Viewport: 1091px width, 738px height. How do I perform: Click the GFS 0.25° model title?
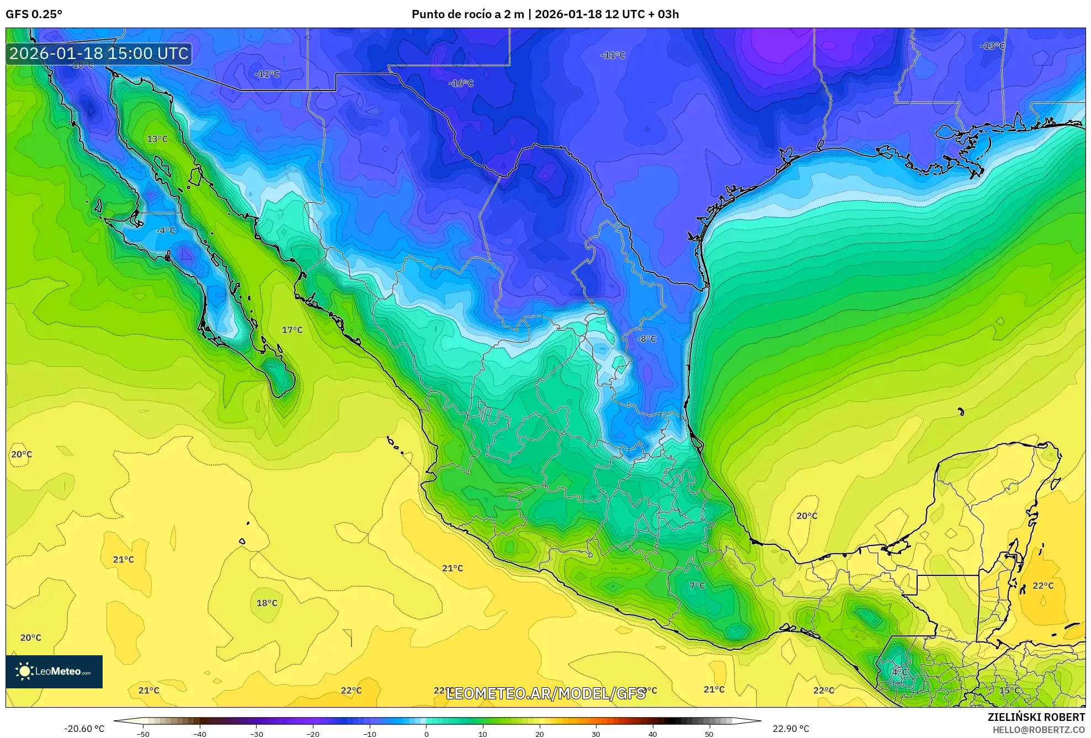click(x=34, y=14)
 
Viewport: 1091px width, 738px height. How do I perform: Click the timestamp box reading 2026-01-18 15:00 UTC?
click(x=99, y=54)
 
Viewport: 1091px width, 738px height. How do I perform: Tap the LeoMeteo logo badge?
click(x=54, y=671)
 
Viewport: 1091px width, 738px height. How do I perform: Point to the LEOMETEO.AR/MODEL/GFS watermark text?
click(x=545, y=693)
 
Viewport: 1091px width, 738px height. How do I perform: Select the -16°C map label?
click(x=461, y=83)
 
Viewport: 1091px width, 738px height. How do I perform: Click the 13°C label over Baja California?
click(x=157, y=139)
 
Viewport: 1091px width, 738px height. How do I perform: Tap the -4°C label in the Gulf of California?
click(x=166, y=231)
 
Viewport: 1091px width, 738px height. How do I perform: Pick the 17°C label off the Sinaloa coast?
click(x=292, y=330)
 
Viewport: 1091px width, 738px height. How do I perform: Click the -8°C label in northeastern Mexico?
click(x=647, y=339)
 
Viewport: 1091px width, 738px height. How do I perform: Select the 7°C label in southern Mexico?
click(x=697, y=585)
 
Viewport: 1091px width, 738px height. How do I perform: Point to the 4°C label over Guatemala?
click(x=900, y=672)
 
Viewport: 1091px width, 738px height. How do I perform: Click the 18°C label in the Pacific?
click(x=267, y=603)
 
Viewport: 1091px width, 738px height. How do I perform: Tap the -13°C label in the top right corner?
click(x=992, y=46)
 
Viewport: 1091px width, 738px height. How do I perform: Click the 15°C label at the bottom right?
click(x=1009, y=691)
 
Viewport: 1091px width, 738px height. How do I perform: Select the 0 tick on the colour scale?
click(x=426, y=734)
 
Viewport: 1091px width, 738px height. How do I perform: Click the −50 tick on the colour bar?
click(x=143, y=734)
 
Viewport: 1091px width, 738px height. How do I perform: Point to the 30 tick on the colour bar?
click(x=596, y=734)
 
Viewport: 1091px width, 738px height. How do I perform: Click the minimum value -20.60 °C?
click(x=84, y=729)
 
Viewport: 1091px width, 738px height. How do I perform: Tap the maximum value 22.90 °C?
click(x=791, y=729)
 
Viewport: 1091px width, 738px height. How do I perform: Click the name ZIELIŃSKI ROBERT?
click(x=1036, y=717)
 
